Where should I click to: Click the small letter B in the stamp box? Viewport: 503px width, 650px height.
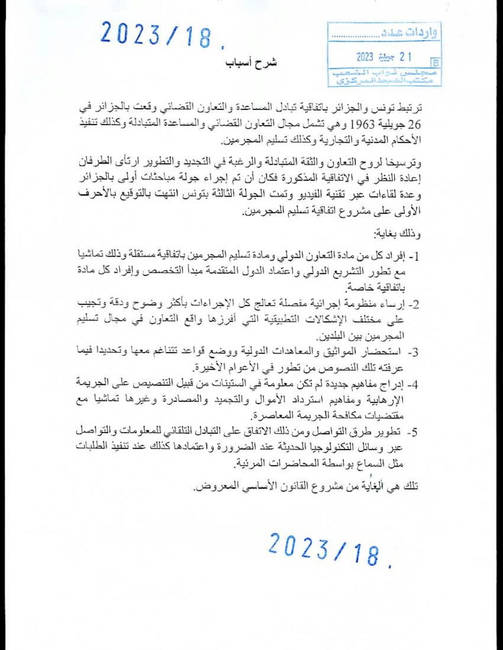(x=435, y=62)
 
